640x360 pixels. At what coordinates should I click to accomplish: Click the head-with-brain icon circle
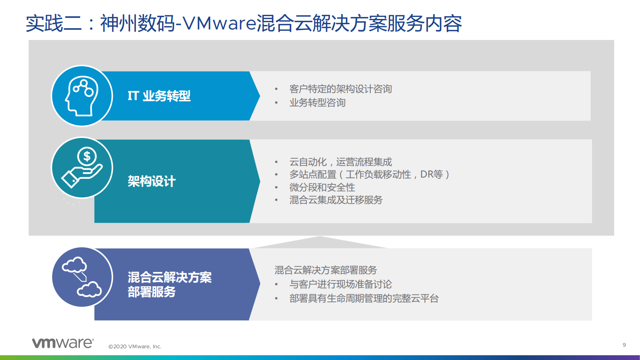[x=82, y=96]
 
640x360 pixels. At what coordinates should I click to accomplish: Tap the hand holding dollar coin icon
[x=82, y=168]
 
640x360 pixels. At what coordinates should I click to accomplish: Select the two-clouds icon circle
[x=82, y=277]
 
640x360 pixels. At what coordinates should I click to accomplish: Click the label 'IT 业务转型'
[x=159, y=96]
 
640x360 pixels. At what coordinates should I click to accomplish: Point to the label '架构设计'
[x=152, y=181]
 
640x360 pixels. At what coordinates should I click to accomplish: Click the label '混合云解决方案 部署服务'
[x=169, y=285]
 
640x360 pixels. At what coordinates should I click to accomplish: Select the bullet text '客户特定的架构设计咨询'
[x=340, y=89]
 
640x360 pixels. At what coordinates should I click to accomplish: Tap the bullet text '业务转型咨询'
[x=317, y=103]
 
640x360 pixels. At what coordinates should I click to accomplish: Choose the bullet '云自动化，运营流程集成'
[x=340, y=162]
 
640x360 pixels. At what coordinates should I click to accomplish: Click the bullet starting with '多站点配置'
[x=369, y=174]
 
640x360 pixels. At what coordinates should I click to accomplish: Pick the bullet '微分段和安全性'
[x=322, y=187]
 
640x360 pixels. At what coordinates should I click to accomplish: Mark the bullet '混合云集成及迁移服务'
[x=336, y=200]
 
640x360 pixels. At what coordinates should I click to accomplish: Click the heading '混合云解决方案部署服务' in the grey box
[x=326, y=270]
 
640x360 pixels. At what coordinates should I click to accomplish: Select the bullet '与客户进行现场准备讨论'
[x=340, y=284]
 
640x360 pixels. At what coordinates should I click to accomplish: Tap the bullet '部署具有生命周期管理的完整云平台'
[x=364, y=298]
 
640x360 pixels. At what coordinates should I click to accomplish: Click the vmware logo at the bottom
[x=63, y=343]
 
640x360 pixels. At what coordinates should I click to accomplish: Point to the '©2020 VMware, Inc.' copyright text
[x=135, y=346]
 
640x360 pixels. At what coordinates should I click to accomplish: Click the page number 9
[x=624, y=345]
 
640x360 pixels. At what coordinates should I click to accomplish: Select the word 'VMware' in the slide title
[x=220, y=23]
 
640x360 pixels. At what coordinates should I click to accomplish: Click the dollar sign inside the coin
[x=87, y=156]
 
